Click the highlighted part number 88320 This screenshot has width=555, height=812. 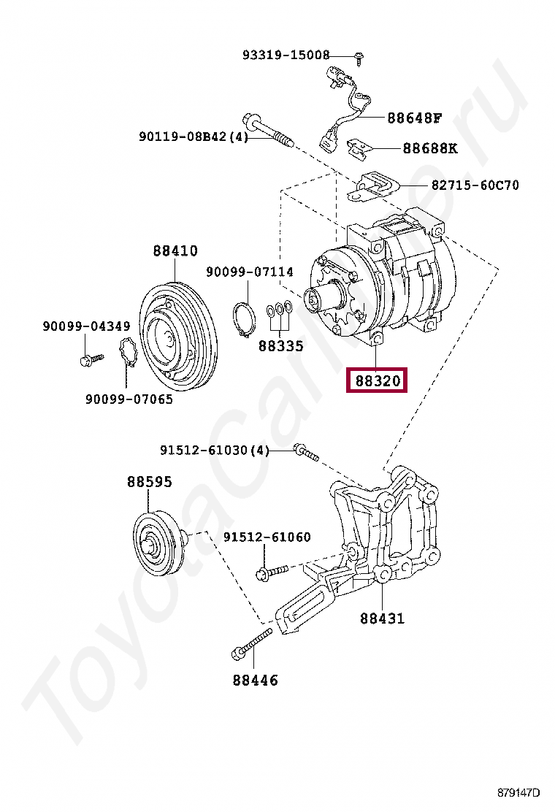(x=375, y=381)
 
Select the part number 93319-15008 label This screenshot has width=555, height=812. (x=286, y=55)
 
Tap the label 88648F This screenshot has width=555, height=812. (x=415, y=118)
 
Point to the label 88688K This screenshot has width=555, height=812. (x=430, y=148)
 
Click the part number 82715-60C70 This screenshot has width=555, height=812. (x=475, y=185)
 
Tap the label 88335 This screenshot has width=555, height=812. (x=280, y=345)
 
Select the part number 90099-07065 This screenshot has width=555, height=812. (x=129, y=399)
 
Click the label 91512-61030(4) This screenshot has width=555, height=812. (x=215, y=451)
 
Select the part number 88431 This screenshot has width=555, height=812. (x=382, y=618)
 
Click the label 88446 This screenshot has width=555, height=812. (x=256, y=681)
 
